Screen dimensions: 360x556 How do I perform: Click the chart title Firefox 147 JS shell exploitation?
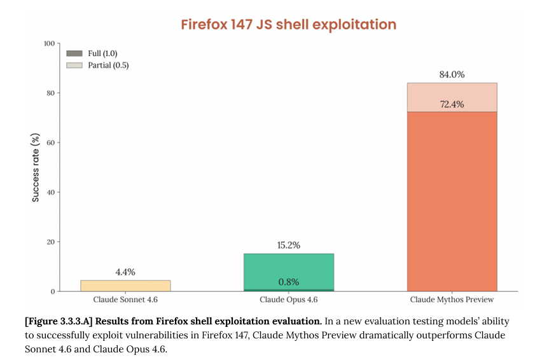(x=288, y=25)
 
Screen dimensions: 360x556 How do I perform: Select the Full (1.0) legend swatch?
(x=74, y=53)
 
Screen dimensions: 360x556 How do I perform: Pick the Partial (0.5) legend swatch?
(x=74, y=65)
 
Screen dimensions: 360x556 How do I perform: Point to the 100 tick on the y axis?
(x=48, y=43)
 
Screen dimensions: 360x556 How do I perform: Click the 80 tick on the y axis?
(x=50, y=93)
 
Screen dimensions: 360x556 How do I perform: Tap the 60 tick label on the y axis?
(x=50, y=142)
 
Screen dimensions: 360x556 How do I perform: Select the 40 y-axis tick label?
(x=50, y=192)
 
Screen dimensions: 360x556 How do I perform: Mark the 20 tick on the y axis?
(x=50, y=242)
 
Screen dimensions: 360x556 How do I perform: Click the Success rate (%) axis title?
(x=36, y=168)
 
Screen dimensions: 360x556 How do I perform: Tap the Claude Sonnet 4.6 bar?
(x=125, y=286)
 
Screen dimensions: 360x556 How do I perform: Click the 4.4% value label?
(x=125, y=272)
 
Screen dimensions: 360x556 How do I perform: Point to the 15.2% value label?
(x=288, y=245)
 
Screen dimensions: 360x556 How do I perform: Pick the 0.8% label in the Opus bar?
(x=288, y=282)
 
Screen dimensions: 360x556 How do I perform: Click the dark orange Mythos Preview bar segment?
(x=452, y=204)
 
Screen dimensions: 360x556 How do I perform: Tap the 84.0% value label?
(x=452, y=74)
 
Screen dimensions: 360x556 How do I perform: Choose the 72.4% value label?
(x=452, y=104)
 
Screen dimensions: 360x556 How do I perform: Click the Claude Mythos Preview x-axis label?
(x=452, y=300)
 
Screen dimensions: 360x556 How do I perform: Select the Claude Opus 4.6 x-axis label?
(x=288, y=300)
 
